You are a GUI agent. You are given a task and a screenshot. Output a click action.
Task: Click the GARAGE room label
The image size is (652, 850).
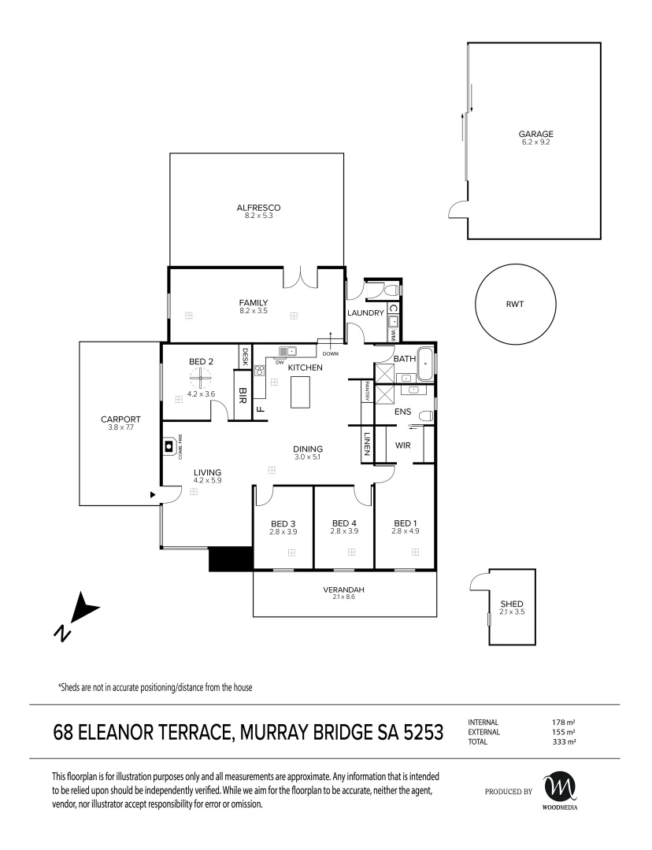click(x=535, y=134)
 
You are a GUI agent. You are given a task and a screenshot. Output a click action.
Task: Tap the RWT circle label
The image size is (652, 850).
click(x=515, y=304)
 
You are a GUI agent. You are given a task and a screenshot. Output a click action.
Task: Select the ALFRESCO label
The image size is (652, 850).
click(x=258, y=208)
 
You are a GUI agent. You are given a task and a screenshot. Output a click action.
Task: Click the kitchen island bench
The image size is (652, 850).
click(x=302, y=392)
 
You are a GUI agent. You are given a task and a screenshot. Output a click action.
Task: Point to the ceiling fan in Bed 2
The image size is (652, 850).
click(x=201, y=378)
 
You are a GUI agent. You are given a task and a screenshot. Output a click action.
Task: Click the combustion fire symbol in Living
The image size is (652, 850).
click(x=169, y=447)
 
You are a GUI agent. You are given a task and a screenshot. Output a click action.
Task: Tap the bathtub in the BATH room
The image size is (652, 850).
click(x=424, y=365)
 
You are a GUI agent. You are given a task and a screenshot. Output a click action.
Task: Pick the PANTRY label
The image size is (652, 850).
click(x=367, y=391)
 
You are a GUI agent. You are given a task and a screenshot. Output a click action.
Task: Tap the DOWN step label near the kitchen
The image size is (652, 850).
click(x=330, y=354)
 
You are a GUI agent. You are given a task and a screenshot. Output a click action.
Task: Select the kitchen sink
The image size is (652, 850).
click(x=288, y=351)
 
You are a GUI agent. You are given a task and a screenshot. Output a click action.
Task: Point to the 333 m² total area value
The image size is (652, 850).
click(x=564, y=742)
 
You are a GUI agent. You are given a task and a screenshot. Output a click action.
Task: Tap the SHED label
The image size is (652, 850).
click(x=512, y=604)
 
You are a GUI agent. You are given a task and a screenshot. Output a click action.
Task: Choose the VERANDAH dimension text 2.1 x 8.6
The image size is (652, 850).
click(x=344, y=597)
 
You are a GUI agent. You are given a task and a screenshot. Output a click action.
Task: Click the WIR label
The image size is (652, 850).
click(x=403, y=445)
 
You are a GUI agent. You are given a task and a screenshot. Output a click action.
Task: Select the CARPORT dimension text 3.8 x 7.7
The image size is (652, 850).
click(x=121, y=427)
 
